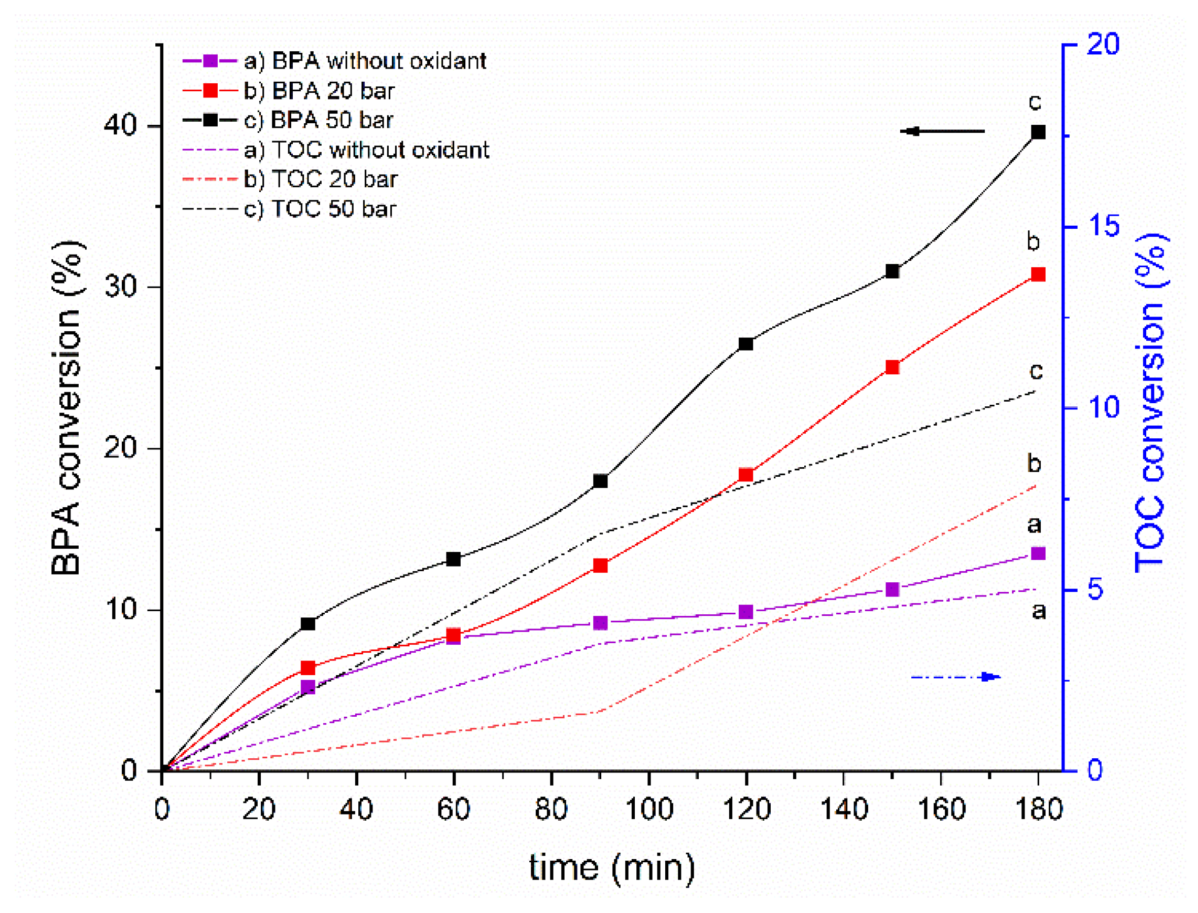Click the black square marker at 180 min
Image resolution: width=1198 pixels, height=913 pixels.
1038,132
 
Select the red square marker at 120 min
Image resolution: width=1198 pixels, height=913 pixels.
746,474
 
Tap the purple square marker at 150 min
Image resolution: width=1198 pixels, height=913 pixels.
892,589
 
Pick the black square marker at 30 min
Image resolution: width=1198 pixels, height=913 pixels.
307,623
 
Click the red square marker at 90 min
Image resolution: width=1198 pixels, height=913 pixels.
600,565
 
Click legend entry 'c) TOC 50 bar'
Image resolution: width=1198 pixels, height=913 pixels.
320,208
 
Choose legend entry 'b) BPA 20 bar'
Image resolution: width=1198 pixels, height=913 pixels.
319,91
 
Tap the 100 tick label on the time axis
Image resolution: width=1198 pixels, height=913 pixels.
649,809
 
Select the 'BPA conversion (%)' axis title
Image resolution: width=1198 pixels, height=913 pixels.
66,408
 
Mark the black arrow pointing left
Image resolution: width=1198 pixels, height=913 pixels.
942,131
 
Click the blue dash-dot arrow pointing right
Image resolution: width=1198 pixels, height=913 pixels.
955,677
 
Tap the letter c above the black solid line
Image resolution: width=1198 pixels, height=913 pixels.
1035,101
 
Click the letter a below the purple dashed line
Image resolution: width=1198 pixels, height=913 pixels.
1039,611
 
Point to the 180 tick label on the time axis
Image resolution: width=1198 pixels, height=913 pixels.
1039,809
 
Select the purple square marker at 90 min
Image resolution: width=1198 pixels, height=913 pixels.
600,622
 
